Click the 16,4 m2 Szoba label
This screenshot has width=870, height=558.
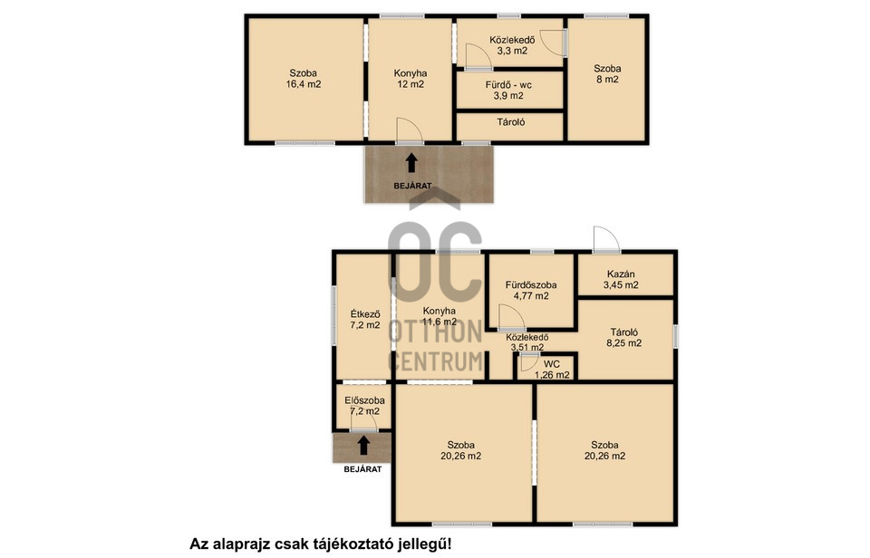304,79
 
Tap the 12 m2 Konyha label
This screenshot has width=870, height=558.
411,79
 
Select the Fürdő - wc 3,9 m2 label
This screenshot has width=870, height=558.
508,90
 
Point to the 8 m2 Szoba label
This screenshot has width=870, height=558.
607,73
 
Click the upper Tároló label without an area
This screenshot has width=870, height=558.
511,122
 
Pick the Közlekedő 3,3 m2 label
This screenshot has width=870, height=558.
511,45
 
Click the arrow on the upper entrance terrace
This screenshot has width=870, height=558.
411,163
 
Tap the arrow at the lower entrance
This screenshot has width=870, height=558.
363,446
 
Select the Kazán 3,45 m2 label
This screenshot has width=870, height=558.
621,280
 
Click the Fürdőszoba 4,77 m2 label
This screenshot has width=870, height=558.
531,290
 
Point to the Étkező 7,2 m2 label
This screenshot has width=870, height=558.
365,320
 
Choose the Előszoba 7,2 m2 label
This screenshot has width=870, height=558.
364,406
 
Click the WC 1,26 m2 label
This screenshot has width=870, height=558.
552,370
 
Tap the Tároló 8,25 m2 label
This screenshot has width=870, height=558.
624,337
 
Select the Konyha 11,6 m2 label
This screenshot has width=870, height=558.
440,316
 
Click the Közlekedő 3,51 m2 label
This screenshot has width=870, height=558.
527,342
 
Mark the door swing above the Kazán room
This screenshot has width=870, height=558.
606,240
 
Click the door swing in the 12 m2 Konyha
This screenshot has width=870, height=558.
410,131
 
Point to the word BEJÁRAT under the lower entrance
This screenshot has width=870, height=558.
362,469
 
